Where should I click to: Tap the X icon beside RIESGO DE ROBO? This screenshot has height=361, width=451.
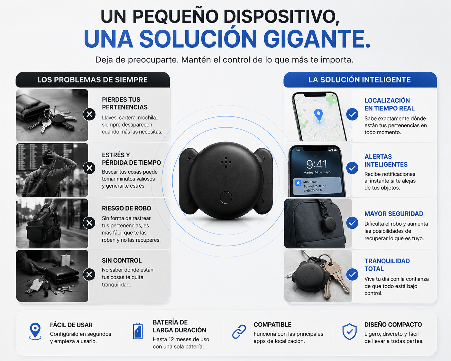tap(89, 223)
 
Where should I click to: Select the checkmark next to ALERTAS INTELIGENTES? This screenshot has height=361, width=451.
tap(352, 168)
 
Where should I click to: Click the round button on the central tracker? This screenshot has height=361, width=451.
tap(226, 197)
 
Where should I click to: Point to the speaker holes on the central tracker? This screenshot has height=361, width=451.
tap(226, 162)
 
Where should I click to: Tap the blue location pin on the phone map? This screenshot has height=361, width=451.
tap(318, 115)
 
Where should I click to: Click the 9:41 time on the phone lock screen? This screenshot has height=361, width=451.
tap(317, 164)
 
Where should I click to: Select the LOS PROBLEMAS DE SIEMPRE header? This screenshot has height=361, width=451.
tap(93, 80)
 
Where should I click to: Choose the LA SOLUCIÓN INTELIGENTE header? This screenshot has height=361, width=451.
tap(360, 80)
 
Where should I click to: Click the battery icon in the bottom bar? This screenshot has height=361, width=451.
tap(138, 331)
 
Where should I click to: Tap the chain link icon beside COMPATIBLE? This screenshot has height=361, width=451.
tap(239, 332)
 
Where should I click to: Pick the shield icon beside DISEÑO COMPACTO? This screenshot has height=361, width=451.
tap(349, 331)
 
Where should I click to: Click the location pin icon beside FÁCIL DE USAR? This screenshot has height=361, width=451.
tap(35, 331)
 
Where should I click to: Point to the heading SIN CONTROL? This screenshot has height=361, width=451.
tap(122, 261)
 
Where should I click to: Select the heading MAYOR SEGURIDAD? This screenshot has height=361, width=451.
tap(394, 214)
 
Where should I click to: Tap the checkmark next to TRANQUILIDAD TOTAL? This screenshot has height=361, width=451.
tap(352, 274)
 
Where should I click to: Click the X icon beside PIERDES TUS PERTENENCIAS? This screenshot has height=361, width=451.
tap(89, 115)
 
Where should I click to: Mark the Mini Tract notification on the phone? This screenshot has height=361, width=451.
tap(317, 186)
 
